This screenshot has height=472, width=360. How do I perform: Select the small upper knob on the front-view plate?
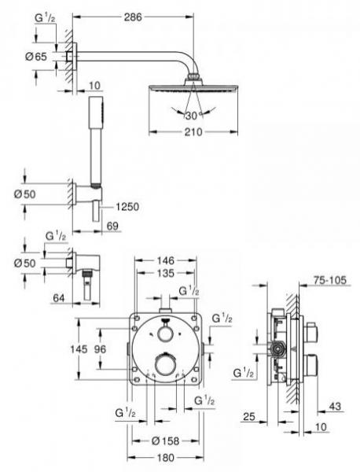(165, 333)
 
